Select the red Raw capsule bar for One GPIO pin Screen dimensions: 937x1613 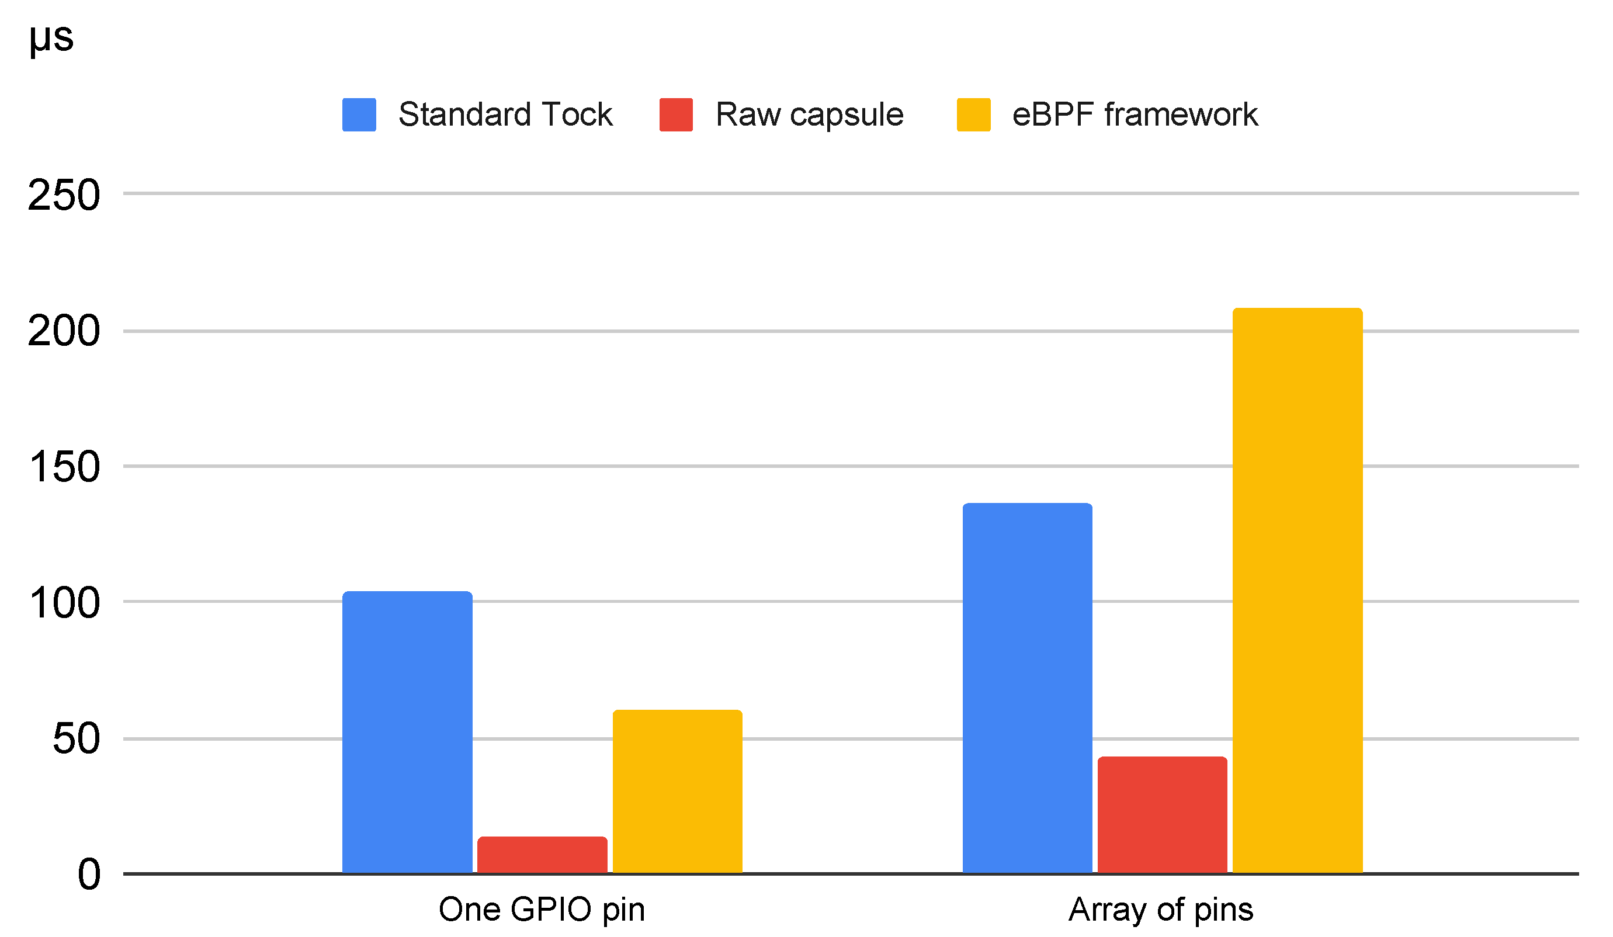tap(542, 855)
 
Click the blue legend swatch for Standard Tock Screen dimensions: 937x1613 tap(359, 114)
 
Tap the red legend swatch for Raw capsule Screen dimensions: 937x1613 tap(676, 114)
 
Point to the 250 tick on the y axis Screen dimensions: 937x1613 tap(64, 195)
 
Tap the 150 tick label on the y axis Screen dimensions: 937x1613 tap(64, 467)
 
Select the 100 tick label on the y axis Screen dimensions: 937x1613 tap(64, 603)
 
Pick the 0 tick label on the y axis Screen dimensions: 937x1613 tap(89, 875)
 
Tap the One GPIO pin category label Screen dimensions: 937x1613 tap(542, 910)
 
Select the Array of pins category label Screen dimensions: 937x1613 tap(1160, 910)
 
